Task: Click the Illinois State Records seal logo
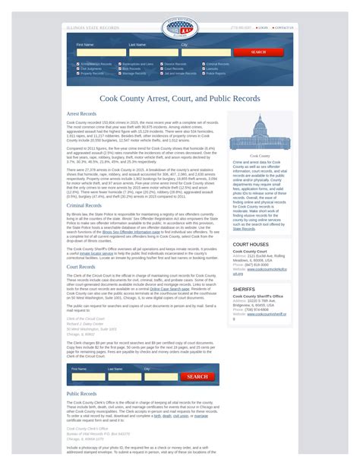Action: pyautogui.click(x=179, y=28)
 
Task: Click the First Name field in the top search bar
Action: pyautogui.click(x=100, y=52)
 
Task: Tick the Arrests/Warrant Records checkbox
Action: pyautogui.click(x=77, y=64)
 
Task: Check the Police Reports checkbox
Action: pyautogui.click(x=204, y=74)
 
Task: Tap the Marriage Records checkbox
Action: pyautogui.click(x=119, y=74)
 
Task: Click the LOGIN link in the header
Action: pyautogui.click(x=263, y=27)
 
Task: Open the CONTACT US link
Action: pyautogui.click(x=283, y=27)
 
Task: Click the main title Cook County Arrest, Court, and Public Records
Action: pyautogui.click(x=180, y=99)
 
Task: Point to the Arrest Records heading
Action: pyautogui.click(x=81, y=114)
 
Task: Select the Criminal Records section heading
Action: pyautogui.click(x=84, y=205)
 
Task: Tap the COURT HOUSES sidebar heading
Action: pyautogui.click(x=250, y=245)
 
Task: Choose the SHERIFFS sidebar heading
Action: pyautogui.click(x=244, y=290)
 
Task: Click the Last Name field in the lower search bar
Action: pyautogui.click(x=124, y=376)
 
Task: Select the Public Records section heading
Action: pyautogui.click(x=82, y=394)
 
